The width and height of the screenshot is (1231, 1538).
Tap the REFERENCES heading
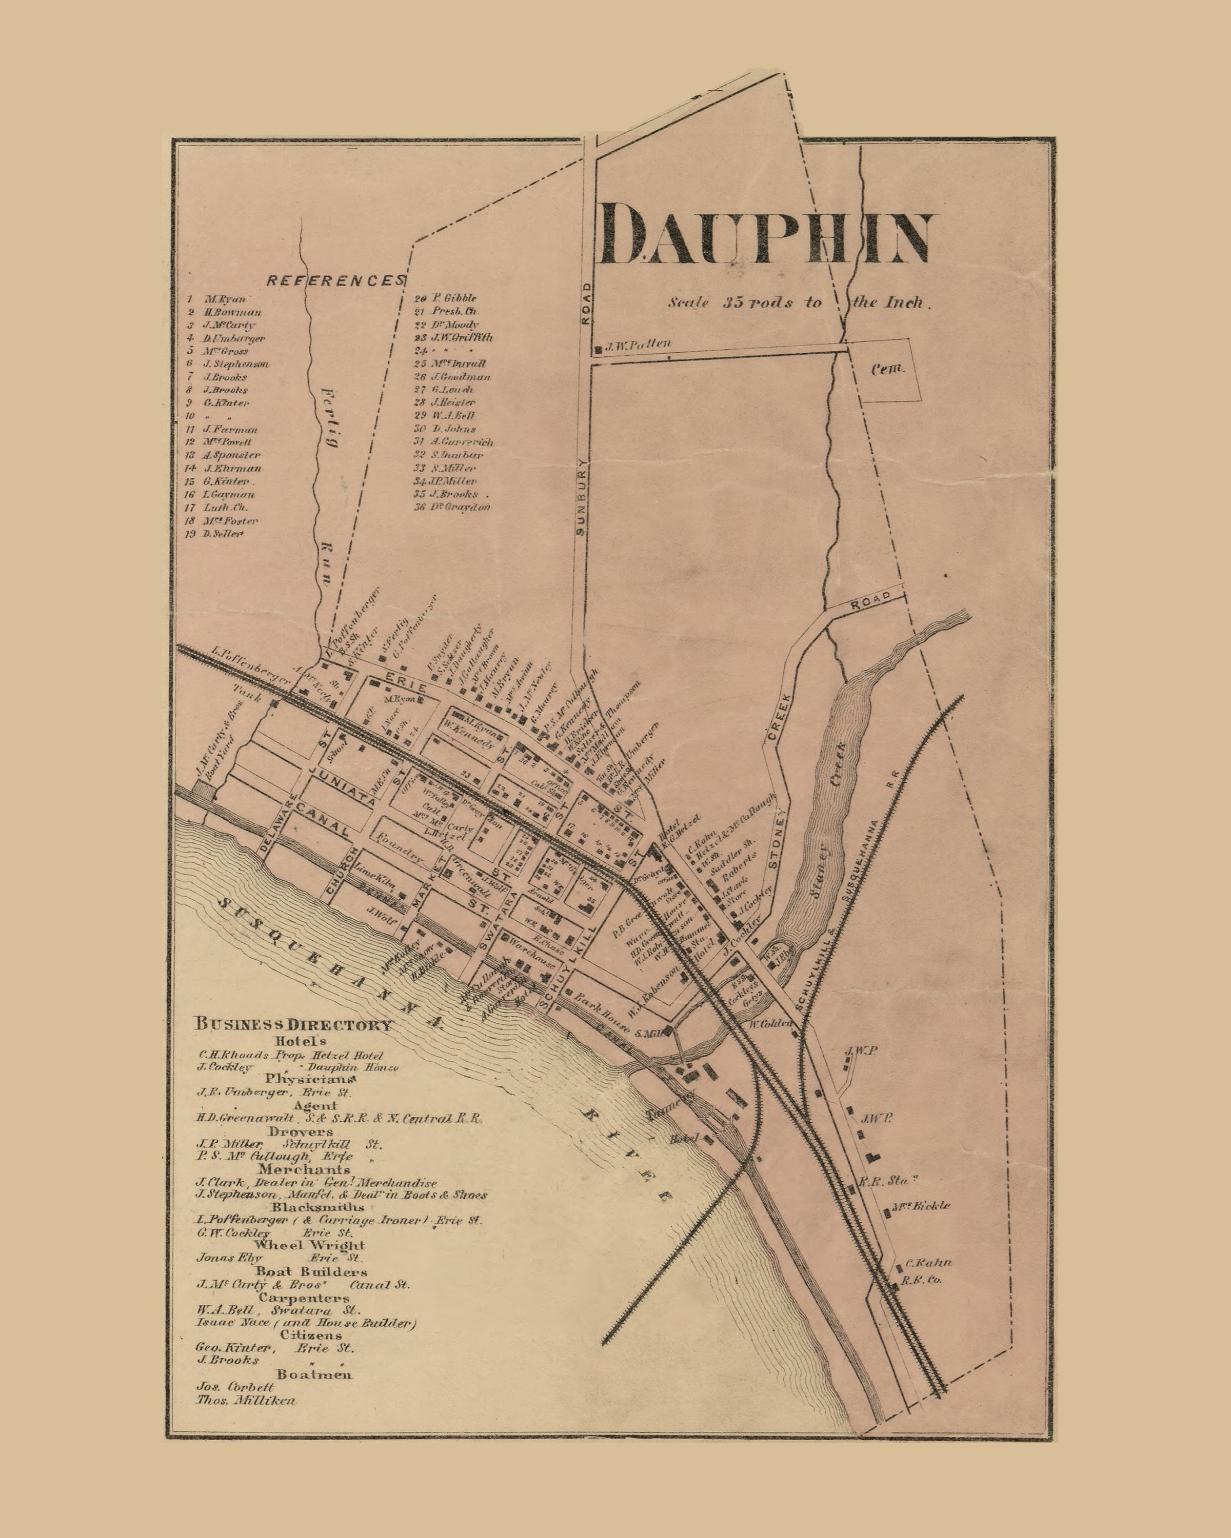pyautogui.click(x=335, y=281)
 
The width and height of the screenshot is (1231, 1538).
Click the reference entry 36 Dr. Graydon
pyautogui.click(x=453, y=507)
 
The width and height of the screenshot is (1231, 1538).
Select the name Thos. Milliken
pyautogui.click(x=246, y=1400)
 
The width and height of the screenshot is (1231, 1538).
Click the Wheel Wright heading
pyautogui.click(x=309, y=1245)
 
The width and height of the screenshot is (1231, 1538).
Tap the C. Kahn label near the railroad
pyautogui.click(x=928, y=1263)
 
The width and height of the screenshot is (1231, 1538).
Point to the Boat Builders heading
pyautogui.click(x=312, y=1271)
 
